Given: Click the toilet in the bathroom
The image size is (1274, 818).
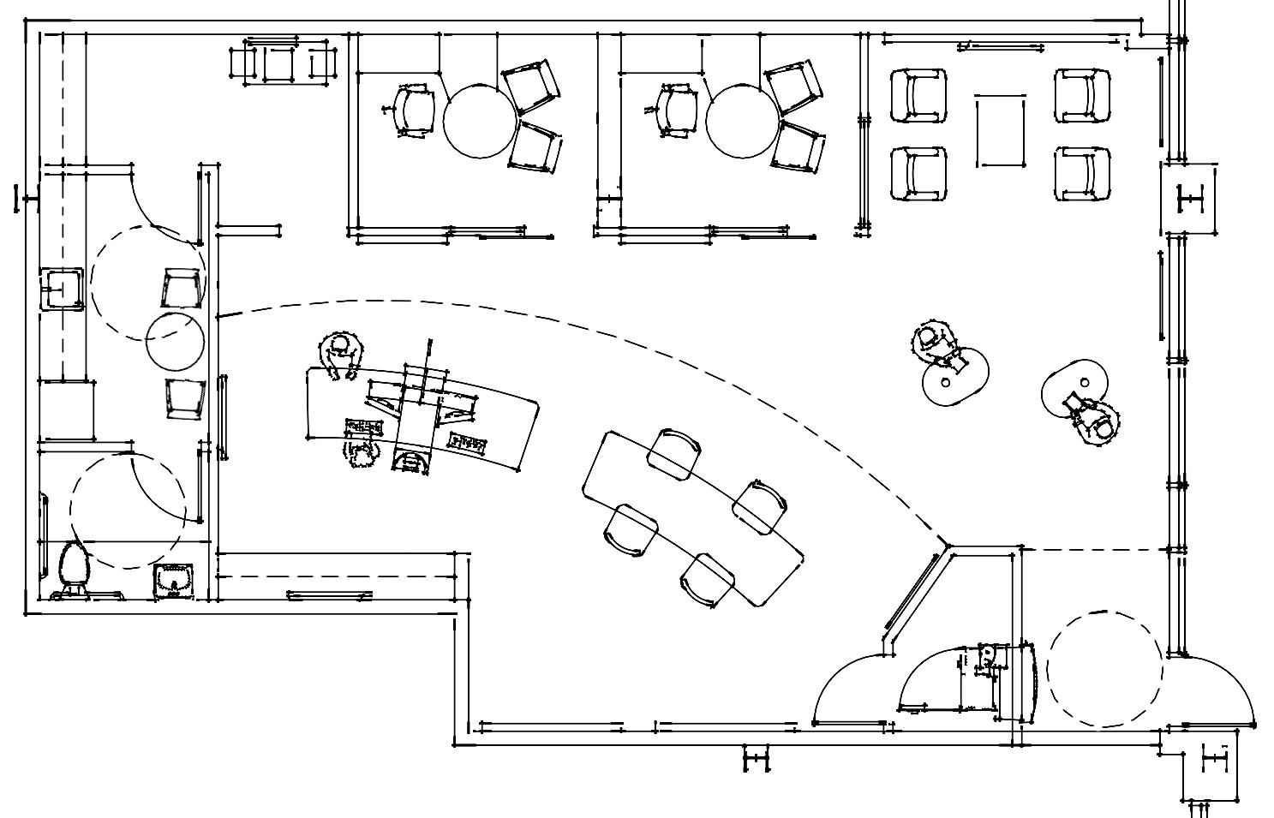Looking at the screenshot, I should pos(73,566).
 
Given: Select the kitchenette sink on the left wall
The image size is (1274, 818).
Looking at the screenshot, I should pos(61,287).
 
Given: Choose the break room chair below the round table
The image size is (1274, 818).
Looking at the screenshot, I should pos(185,398).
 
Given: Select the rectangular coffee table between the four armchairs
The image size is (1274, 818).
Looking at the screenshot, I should pos(1000,131).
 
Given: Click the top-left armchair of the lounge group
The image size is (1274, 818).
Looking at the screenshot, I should pos(918,95).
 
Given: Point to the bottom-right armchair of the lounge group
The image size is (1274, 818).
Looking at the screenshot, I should pos(1083,173).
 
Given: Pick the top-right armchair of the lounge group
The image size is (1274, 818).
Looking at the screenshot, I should pos(1083,95).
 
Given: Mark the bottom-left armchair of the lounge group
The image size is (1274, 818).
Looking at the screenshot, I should pos(918,173).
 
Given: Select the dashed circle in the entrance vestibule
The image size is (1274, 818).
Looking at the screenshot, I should pos(1106,668).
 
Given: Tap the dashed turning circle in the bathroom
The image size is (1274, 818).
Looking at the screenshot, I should pos(127,511).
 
